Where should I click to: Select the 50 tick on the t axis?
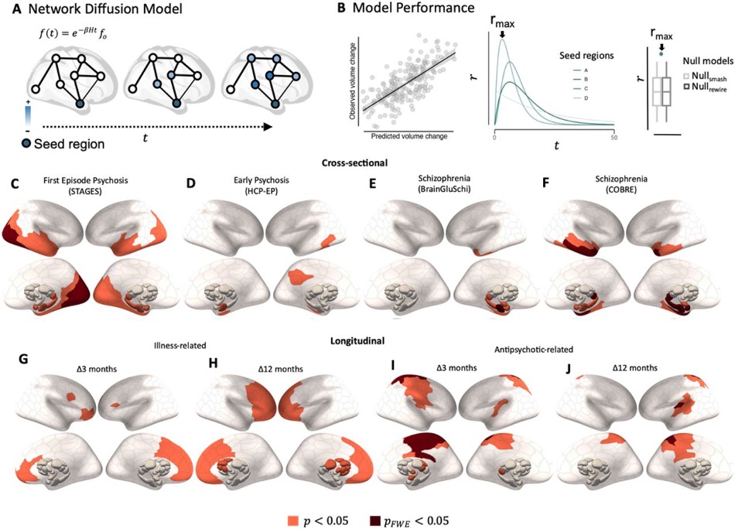point(613,135)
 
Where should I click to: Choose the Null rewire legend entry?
point(703,90)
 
